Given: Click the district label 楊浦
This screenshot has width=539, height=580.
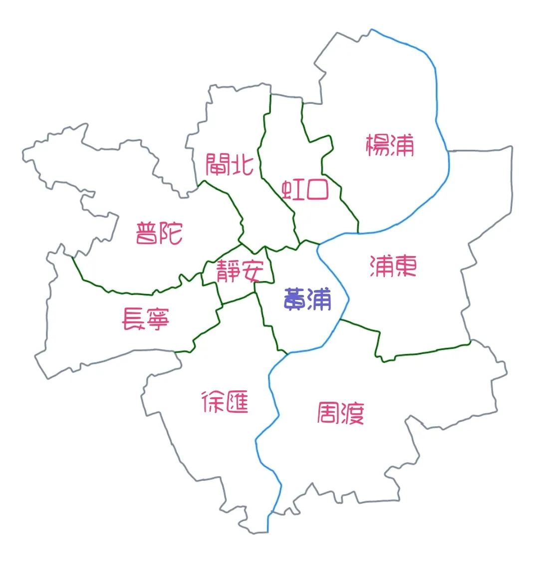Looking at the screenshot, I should coord(390,145).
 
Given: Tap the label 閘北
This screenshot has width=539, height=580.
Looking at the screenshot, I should coord(230,164).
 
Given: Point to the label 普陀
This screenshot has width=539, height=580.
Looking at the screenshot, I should coord(159,233).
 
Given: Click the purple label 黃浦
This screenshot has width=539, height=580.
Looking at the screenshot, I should coord(307,299).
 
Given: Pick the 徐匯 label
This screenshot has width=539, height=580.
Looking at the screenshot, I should coord(225,402).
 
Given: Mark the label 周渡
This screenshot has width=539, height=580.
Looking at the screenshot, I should coord(341,413).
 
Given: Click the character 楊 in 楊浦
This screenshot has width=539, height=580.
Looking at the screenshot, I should coord(378,145).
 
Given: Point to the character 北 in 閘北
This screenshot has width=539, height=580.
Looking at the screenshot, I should coord(242,164).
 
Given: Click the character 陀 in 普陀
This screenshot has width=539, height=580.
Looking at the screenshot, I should coord(172,233).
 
